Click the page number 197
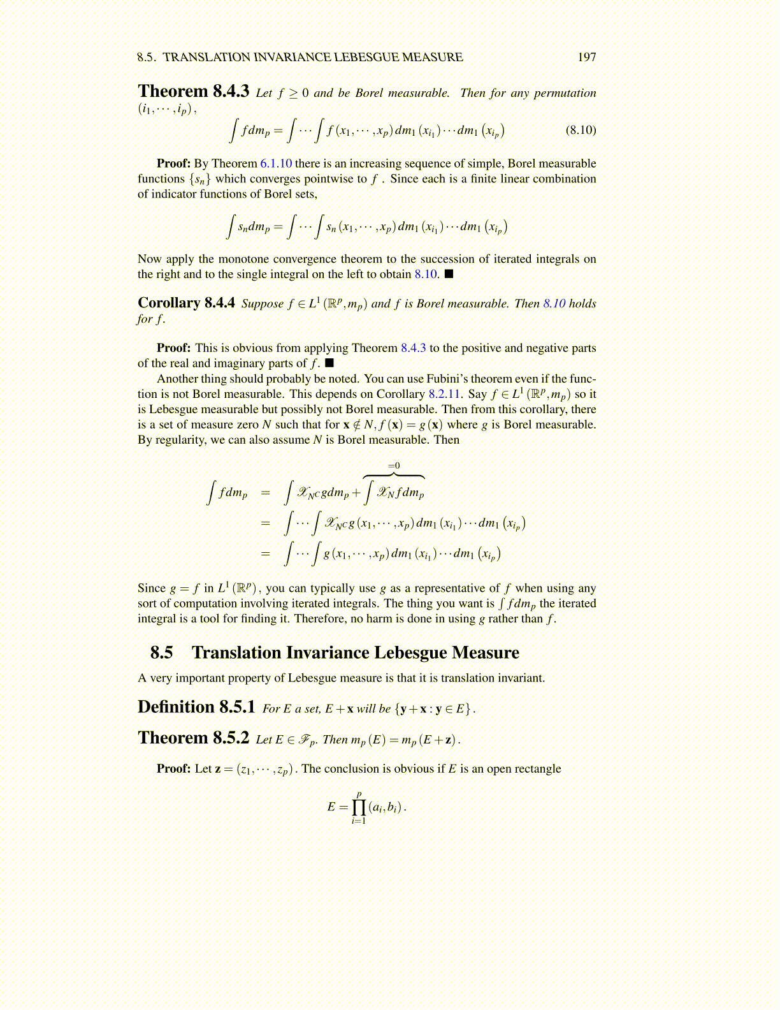(x=586, y=57)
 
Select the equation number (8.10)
(x=581, y=130)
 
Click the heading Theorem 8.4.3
(x=193, y=91)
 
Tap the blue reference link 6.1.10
(x=276, y=164)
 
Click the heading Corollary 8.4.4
(x=186, y=303)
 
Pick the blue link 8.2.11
(x=444, y=394)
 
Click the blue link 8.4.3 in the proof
(x=413, y=348)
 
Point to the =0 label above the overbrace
(x=394, y=466)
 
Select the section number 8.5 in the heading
(x=161, y=653)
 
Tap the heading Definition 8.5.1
(x=196, y=707)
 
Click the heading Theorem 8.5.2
(x=193, y=738)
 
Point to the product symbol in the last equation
(x=359, y=807)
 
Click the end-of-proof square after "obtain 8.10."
(x=449, y=274)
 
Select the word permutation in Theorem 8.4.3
(x=565, y=93)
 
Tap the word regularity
(x=181, y=440)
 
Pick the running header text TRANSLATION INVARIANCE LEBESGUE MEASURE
(x=313, y=57)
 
